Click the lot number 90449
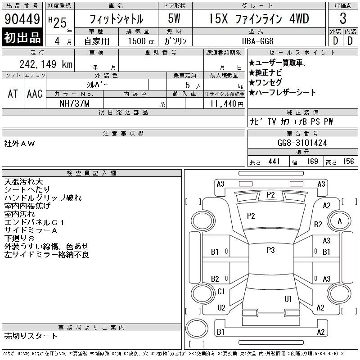point(22,19)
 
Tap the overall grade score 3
point(343,18)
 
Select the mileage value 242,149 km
point(46,64)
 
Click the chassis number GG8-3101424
point(302,143)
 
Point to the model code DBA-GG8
point(258,41)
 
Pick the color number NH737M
point(74,103)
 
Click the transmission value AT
point(13,94)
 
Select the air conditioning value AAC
point(35,94)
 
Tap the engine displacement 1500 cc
point(141,41)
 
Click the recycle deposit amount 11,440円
point(227,104)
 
